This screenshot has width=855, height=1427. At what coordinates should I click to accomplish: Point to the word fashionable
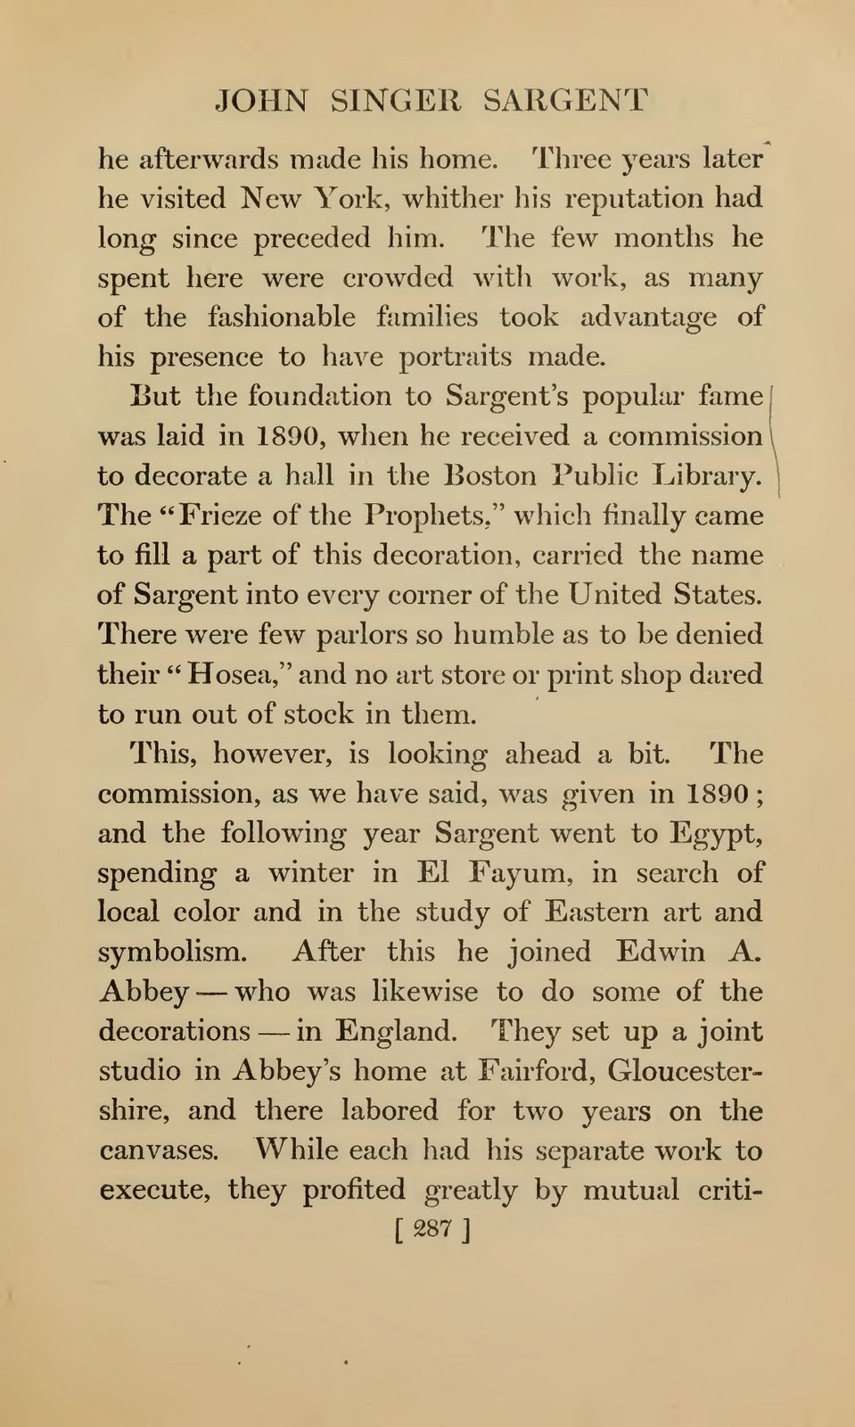(281, 318)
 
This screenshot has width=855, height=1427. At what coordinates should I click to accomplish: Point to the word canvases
(159, 1151)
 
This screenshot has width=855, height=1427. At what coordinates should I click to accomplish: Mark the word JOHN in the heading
(262, 101)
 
